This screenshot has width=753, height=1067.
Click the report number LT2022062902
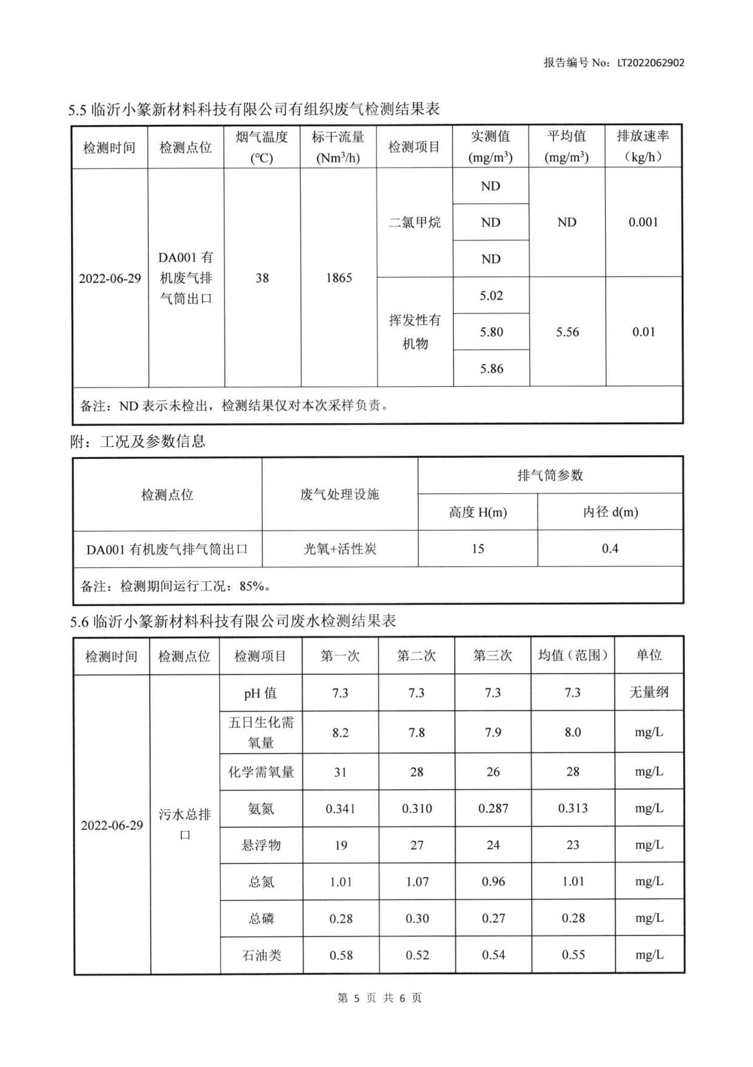click(651, 62)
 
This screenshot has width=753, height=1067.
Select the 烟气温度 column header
click(262, 147)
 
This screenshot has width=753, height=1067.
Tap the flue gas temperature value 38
click(262, 278)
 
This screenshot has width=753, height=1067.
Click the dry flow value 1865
click(338, 278)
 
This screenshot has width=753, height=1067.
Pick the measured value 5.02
click(491, 296)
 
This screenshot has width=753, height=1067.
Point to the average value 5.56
click(567, 332)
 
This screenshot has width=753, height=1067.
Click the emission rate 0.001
click(643, 222)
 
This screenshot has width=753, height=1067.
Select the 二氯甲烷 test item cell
click(415, 222)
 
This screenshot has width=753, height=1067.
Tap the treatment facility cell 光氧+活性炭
click(340, 549)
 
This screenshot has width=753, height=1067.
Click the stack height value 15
click(478, 549)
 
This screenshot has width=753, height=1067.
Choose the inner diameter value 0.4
click(610, 549)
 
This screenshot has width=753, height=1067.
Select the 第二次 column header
click(417, 656)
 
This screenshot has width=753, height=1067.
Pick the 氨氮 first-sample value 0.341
click(340, 809)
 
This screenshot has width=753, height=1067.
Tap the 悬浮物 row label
click(261, 845)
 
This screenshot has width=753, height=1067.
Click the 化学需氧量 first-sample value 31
click(340, 772)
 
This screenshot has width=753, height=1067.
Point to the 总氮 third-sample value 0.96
click(493, 882)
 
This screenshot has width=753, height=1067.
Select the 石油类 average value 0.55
click(573, 955)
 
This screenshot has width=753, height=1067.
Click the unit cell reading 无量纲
click(649, 692)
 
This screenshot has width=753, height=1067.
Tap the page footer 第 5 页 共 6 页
click(380, 998)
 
